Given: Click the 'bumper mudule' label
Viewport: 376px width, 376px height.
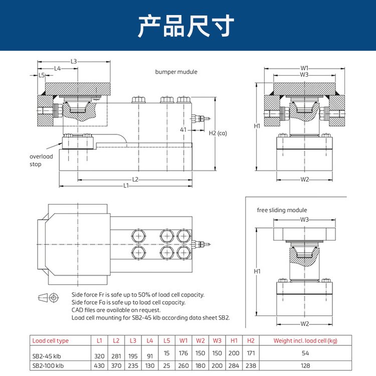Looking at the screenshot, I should (x=176, y=72).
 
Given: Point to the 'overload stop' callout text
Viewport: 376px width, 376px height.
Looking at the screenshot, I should (x=41, y=160).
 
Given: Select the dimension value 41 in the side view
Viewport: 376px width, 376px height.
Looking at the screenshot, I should (x=183, y=130).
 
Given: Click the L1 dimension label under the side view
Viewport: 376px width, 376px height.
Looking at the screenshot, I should (x=126, y=185).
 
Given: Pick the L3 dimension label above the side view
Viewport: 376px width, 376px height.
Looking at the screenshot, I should (x=74, y=62).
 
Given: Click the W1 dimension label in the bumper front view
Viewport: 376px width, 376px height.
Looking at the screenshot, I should (x=304, y=68).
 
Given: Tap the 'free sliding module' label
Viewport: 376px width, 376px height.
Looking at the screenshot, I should (x=282, y=210).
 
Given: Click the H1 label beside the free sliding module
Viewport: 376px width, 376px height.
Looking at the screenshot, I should (x=257, y=271).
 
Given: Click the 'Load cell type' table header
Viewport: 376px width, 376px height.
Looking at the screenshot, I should (x=51, y=341).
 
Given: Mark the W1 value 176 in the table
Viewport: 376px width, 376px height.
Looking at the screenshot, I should (x=184, y=353).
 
